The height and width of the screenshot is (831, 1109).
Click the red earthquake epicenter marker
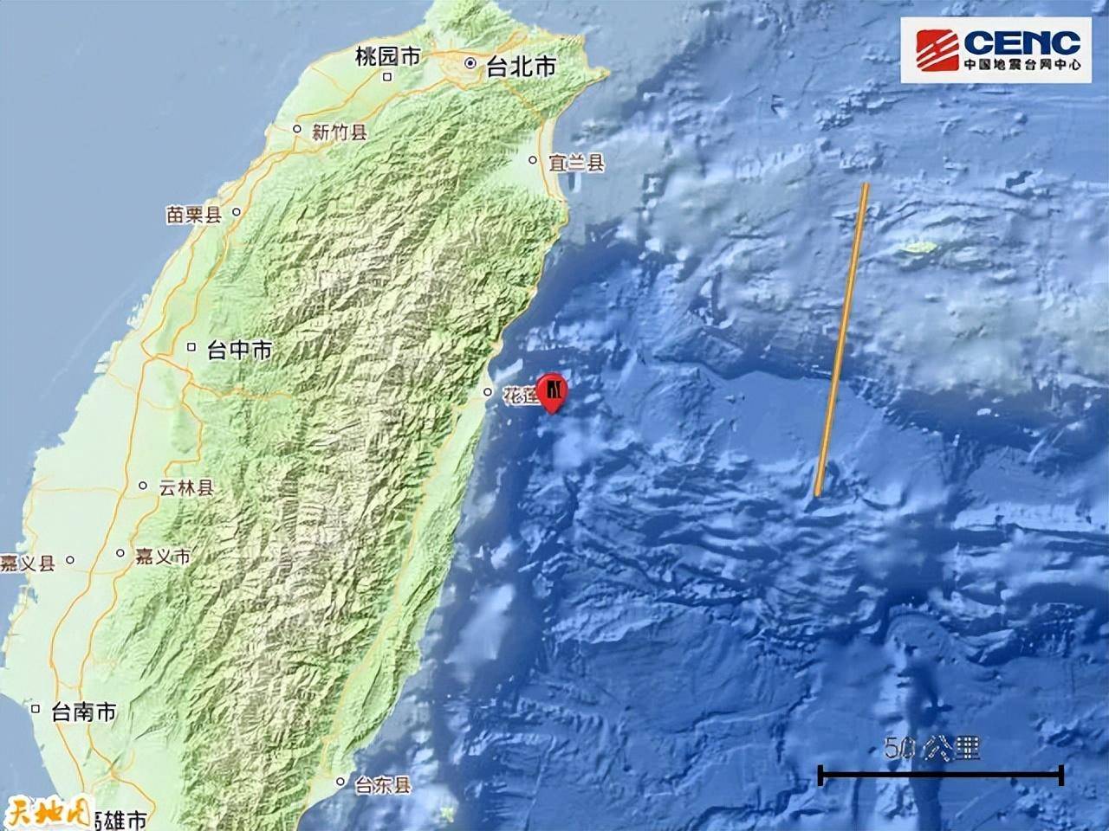552,392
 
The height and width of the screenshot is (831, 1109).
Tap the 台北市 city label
521,67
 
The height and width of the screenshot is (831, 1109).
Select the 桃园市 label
387,57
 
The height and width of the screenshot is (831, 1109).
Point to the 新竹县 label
340,132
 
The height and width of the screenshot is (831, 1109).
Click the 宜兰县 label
577,162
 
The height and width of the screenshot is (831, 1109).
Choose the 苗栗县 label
194,215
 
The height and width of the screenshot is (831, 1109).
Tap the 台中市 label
239,350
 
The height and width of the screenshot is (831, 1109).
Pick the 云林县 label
185,488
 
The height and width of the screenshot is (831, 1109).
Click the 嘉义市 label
162,556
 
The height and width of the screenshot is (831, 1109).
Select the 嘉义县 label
28,564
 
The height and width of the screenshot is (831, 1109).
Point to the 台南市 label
83,712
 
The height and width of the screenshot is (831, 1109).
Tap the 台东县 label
383,785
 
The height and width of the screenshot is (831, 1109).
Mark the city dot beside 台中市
192,348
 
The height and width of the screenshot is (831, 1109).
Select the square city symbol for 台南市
36,709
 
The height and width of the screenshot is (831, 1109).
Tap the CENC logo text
1021,43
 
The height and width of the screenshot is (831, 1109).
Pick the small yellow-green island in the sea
919,249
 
